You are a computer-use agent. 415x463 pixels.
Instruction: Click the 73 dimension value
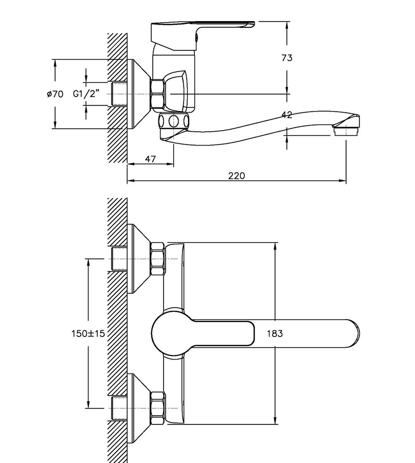coord(286,58)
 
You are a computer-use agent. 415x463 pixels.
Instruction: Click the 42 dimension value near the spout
coord(286,115)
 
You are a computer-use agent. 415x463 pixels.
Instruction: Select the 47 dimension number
coord(150,159)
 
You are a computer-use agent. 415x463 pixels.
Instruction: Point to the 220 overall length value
coord(237,176)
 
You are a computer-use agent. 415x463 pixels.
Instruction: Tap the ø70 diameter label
coord(55,94)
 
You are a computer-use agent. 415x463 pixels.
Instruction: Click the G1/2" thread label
coord(86,94)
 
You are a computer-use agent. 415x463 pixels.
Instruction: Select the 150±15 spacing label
coord(88,333)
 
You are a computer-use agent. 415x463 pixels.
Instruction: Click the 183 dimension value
coord(275,333)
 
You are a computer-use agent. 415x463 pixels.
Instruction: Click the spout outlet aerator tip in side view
coord(345,130)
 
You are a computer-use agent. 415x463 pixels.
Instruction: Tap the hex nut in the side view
coord(157,94)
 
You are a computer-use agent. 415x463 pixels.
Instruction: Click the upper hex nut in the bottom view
coord(157,259)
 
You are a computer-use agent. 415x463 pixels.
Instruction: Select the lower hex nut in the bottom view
coord(157,408)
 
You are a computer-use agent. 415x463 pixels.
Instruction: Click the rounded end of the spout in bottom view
coord(354,333)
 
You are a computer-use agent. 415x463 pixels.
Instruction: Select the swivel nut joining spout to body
coord(173,121)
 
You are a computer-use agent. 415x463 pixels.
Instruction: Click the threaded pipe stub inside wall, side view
coord(119,94)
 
